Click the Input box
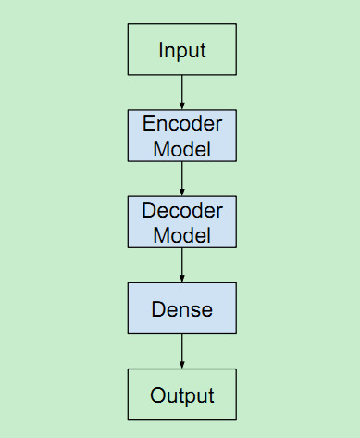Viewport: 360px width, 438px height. [x=181, y=49]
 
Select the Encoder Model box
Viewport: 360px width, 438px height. [x=181, y=135]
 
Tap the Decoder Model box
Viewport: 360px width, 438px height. [x=181, y=221]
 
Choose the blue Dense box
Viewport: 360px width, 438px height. [x=181, y=308]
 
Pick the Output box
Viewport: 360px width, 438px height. [x=181, y=395]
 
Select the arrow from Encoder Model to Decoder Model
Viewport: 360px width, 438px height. [x=181, y=178]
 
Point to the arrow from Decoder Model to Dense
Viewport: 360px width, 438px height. [x=181, y=265]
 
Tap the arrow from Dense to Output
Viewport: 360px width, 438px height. [x=181, y=351]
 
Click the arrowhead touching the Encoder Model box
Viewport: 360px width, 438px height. [x=181, y=106]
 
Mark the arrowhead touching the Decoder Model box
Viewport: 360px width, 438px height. [x=181, y=192]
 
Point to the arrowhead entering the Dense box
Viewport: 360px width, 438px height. [x=181, y=279]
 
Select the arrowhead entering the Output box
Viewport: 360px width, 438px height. [x=181, y=365]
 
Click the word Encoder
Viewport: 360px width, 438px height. [x=182, y=123]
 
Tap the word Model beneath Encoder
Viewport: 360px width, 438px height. [x=182, y=148]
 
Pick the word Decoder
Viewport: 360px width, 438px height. [x=182, y=209]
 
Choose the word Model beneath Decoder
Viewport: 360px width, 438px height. [x=182, y=234]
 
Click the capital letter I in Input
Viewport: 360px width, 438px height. [x=161, y=49]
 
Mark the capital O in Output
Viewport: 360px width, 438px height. [x=157, y=395]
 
